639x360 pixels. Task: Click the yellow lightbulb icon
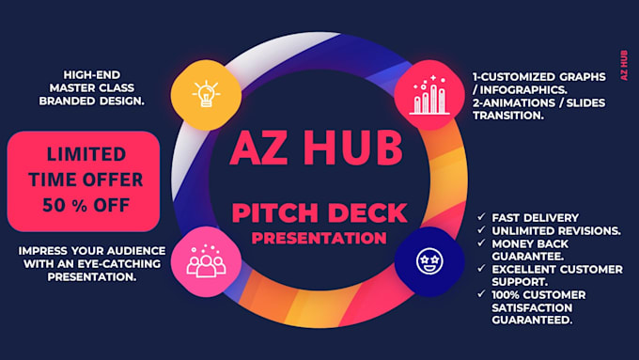(x=205, y=93)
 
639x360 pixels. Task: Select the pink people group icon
(x=205, y=260)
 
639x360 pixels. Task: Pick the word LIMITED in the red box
(x=83, y=153)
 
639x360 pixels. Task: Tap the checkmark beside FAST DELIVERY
(x=481, y=217)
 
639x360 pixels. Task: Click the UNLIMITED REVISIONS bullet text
(x=549, y=230)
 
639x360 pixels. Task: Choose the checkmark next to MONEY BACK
(x=481, y=243)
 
